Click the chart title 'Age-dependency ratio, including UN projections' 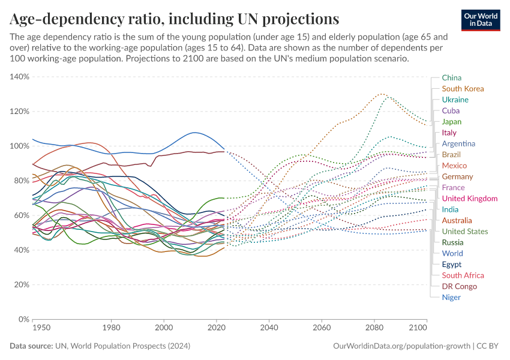174,18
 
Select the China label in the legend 451,77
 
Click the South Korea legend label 463,89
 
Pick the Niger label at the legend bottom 451,298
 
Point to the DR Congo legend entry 459,286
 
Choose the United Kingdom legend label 469,199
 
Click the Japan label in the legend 452,122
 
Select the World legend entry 452,253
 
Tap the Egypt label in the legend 452,264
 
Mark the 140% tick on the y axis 20,77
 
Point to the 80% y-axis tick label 21,181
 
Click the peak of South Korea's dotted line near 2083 382,94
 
